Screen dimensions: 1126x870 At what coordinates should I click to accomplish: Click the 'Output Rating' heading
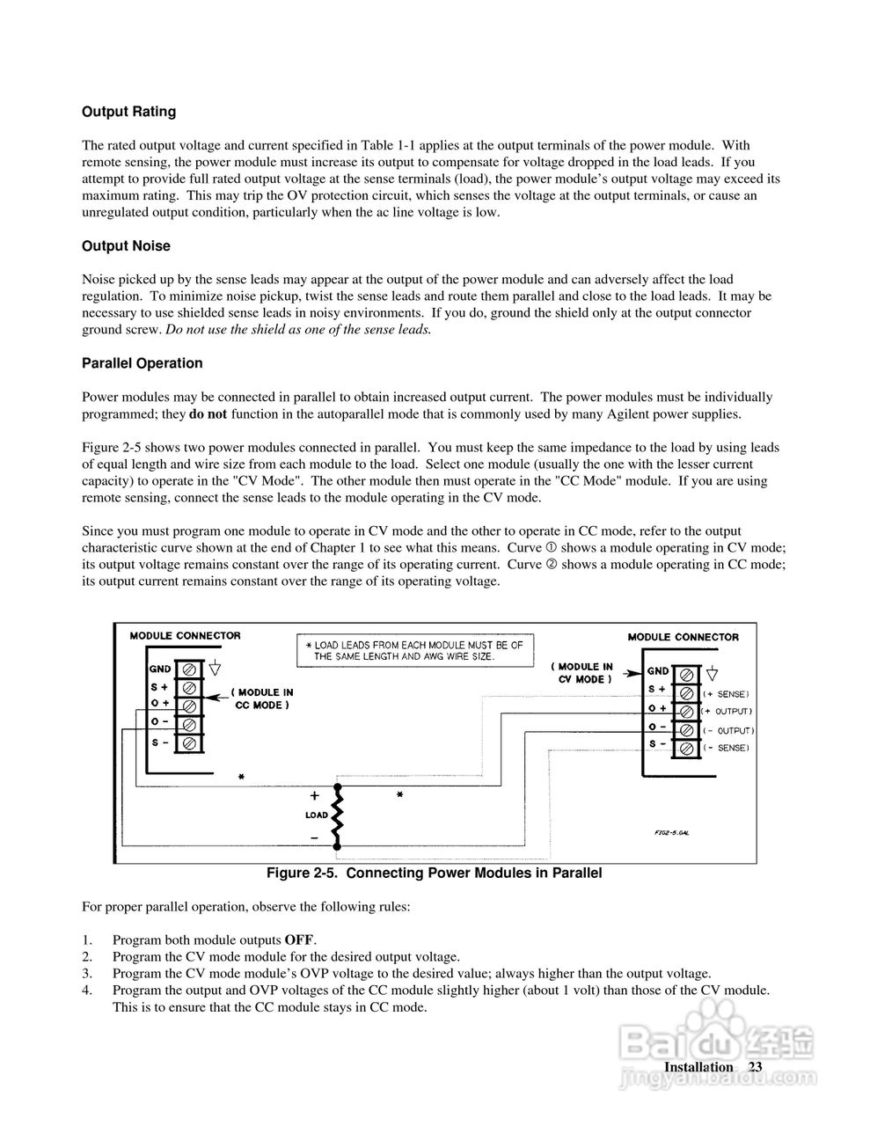[x=128, y=112]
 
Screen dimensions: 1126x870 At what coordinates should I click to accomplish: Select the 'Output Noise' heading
[x=126, y=246]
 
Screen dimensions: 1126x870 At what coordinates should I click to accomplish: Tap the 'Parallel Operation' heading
[x=142, y=363]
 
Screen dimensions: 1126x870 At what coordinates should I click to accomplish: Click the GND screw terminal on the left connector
[x=188, y=669]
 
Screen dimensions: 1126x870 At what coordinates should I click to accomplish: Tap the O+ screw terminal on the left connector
[x=188, y=706]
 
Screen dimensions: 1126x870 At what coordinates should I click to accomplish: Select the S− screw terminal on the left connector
[x=188, y=743]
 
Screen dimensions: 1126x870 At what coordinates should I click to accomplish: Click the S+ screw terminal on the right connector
[x=686, y=692]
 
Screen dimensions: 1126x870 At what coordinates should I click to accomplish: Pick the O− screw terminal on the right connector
[x=686, y=730]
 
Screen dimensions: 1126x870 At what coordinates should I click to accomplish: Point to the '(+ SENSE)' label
[x=725, y=694]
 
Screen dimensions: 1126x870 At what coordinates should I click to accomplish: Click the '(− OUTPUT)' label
[x=727, y=731]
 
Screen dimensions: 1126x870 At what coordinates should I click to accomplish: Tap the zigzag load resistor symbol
[x=337, y=815]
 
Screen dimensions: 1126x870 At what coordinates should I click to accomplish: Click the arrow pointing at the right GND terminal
[x=631, y=674]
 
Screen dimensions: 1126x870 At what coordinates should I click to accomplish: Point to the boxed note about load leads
[x=412, y=651]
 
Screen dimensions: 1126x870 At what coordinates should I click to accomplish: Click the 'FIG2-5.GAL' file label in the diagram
[x=671, y=833]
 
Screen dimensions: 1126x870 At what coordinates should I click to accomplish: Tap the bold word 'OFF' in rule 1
[x=299, y=940]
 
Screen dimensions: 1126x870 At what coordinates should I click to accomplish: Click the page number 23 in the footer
[x=755, y=1067]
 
